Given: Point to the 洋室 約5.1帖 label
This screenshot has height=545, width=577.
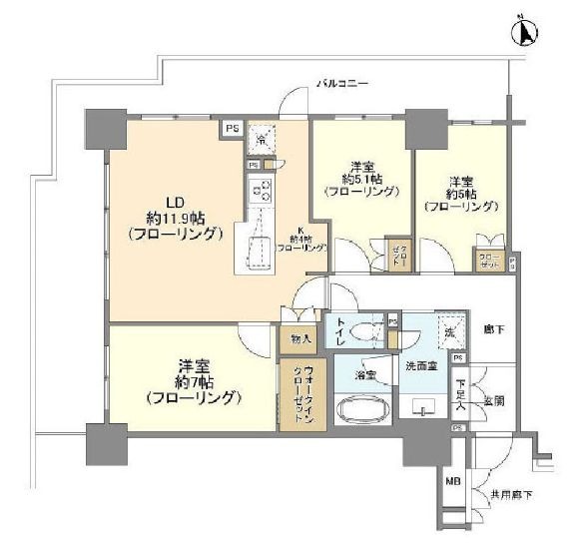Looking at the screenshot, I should (361, 178).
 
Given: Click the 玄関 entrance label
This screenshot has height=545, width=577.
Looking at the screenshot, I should (494, 400).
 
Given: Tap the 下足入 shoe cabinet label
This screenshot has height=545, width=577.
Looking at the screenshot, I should (460, 390).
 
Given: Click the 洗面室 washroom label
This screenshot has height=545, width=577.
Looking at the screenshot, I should (420, 366).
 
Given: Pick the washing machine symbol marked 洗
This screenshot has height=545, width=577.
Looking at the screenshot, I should (449, 331).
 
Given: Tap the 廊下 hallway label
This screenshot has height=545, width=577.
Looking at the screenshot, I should (493, 328).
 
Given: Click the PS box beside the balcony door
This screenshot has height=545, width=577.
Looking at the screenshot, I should (231, 128).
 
